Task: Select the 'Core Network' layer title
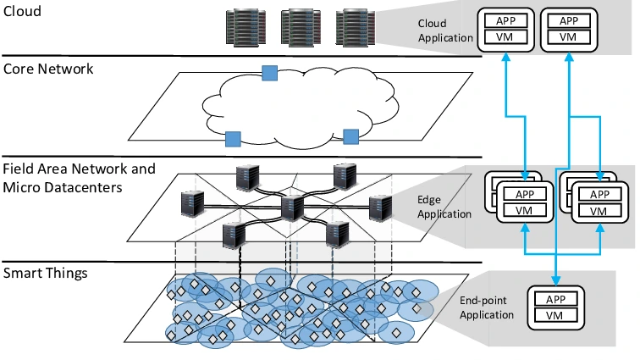48,69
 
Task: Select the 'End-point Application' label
486,307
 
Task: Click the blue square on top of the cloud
269,73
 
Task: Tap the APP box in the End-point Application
555,299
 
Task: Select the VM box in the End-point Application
555,316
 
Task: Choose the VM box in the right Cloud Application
569,37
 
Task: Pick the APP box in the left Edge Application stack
525,194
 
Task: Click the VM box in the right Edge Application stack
599,211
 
